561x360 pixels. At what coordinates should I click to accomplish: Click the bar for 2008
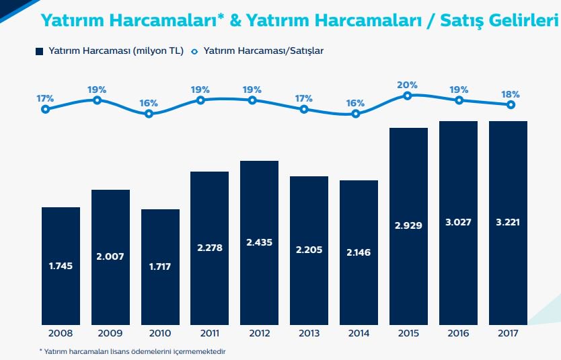(61, 265)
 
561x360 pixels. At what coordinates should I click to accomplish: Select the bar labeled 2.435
(259, 242)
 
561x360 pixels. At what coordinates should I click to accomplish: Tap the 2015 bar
(408, 225)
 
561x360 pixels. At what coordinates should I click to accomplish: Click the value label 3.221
(508, 223)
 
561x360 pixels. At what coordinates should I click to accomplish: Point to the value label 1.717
(160, 266)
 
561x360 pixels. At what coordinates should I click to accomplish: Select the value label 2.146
(359, 252)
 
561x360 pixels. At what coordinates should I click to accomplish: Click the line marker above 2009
(97, 100)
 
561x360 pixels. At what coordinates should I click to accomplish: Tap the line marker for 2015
(408, 96)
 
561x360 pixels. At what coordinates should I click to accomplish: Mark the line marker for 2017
(511, 104)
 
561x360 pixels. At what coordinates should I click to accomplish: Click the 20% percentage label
(408, 85)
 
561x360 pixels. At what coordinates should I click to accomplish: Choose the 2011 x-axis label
(210, 332)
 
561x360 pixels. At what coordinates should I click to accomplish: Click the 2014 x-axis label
(359, 332)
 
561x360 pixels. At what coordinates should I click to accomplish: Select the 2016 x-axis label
(458, 332)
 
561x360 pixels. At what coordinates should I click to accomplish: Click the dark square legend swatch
(39, 51)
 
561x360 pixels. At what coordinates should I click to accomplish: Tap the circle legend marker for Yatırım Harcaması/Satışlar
(194, 51)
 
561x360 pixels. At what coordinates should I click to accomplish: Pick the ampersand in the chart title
(235, 21)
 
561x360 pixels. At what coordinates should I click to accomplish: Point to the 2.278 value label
(209, 247)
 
